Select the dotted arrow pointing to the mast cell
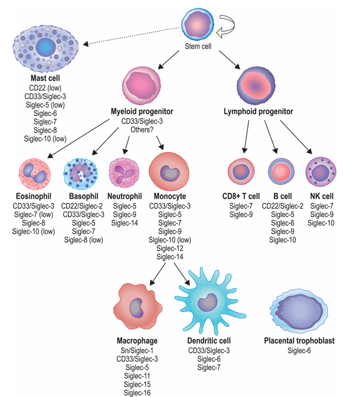coord(132,36)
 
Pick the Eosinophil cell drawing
coord(34,172)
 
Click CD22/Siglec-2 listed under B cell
coord(282,206)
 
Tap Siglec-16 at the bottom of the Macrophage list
coord(137,392)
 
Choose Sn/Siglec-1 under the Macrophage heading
coord(137,350)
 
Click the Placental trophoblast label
coord(299,341)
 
